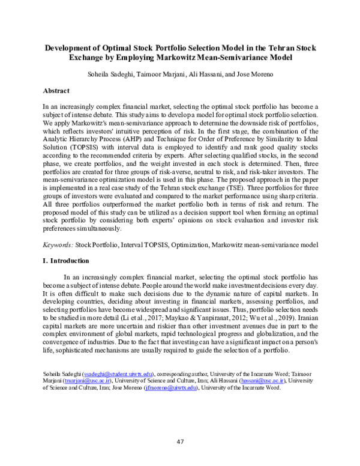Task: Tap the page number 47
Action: click(x=180, y=442)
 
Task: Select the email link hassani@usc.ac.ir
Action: click(x=261, y=380)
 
